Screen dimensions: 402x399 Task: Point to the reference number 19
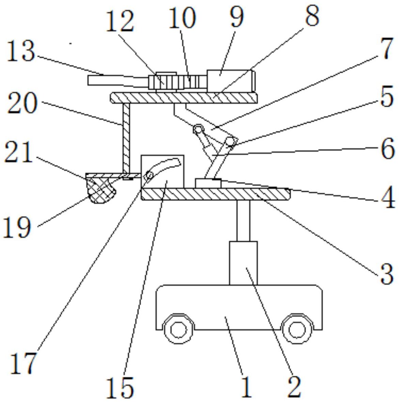point(17,227)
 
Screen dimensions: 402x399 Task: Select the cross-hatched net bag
point(101,191)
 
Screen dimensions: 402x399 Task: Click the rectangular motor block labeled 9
point(229,80)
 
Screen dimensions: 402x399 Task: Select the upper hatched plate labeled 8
point(184,98)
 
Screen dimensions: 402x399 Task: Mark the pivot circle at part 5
point(230,141)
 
